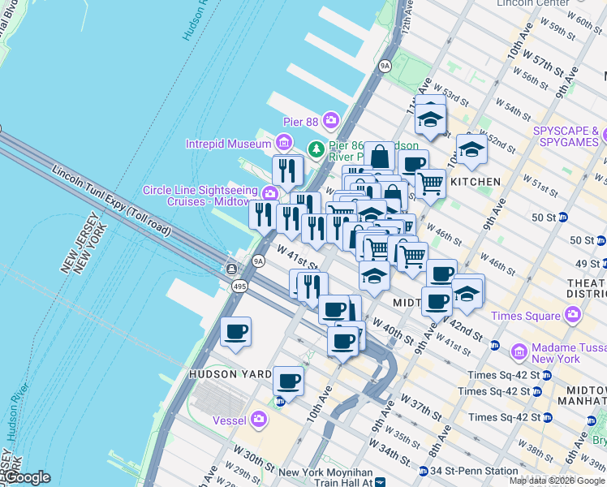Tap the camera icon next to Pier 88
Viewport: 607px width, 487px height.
tap(331, 121)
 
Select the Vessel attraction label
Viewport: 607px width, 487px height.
tap(230, 420)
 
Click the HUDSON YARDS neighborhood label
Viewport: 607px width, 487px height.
tap(223, 374)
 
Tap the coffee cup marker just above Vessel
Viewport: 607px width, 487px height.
tap(288, 380)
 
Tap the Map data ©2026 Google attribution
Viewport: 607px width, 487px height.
tap(557, 481)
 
